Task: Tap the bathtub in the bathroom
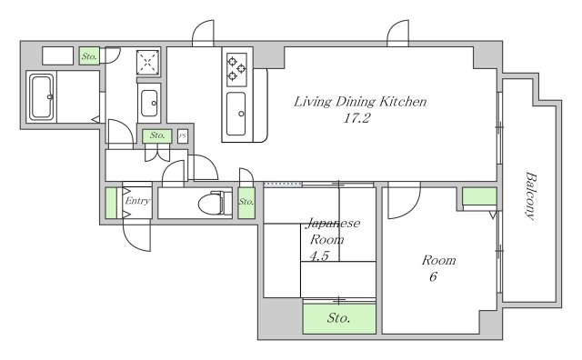[42, 97]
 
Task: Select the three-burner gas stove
[236, 69]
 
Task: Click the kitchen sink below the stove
[236, 114]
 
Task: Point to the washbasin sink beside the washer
[149, 103]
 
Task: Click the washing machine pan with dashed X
[147, 63]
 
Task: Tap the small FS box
[182, 136]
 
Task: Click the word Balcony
[531, 196]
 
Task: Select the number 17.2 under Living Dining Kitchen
[356, 118]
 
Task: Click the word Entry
[137, 201]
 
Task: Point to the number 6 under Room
[433, 277]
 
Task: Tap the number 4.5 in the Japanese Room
[319, 255]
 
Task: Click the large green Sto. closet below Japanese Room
[339, 318]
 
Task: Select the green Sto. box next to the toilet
[246, 203]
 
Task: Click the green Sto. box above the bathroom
[89, 56]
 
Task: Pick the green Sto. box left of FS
[157, 136]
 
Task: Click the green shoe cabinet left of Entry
[111, 203]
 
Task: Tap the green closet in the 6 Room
[479, 196]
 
